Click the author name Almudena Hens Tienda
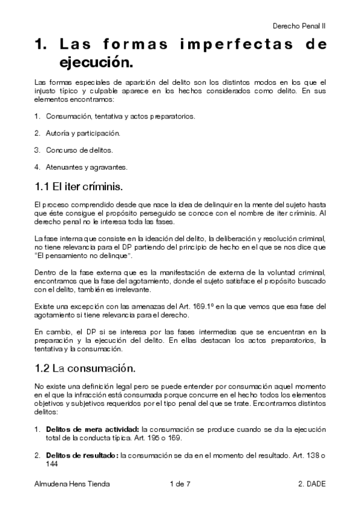pyautogui.click(x=72, y=484)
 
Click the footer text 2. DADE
pyautogui.click(x=312, y=484)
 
